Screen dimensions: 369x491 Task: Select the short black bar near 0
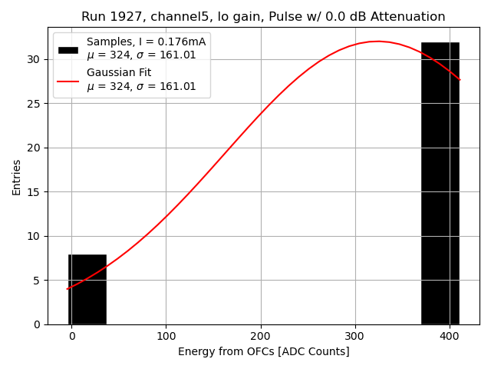coord(87,289)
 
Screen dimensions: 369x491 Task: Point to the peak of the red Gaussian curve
coord(378,42)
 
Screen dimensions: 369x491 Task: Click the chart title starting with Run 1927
coord(263,17)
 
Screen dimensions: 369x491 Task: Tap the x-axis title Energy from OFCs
coord(263,351)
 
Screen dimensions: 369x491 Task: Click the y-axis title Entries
coord(17,178)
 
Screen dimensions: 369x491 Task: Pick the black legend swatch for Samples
coord(68,49)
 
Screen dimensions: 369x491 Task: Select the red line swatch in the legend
coord(68,80)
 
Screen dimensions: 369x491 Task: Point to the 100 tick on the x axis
coord(166,336)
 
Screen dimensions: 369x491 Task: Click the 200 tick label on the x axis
coord(261,336)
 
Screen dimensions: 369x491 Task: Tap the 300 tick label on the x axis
coord(355,336)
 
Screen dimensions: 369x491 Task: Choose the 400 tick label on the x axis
coord(450,336)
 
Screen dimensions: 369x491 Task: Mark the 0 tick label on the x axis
coord(71,336)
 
